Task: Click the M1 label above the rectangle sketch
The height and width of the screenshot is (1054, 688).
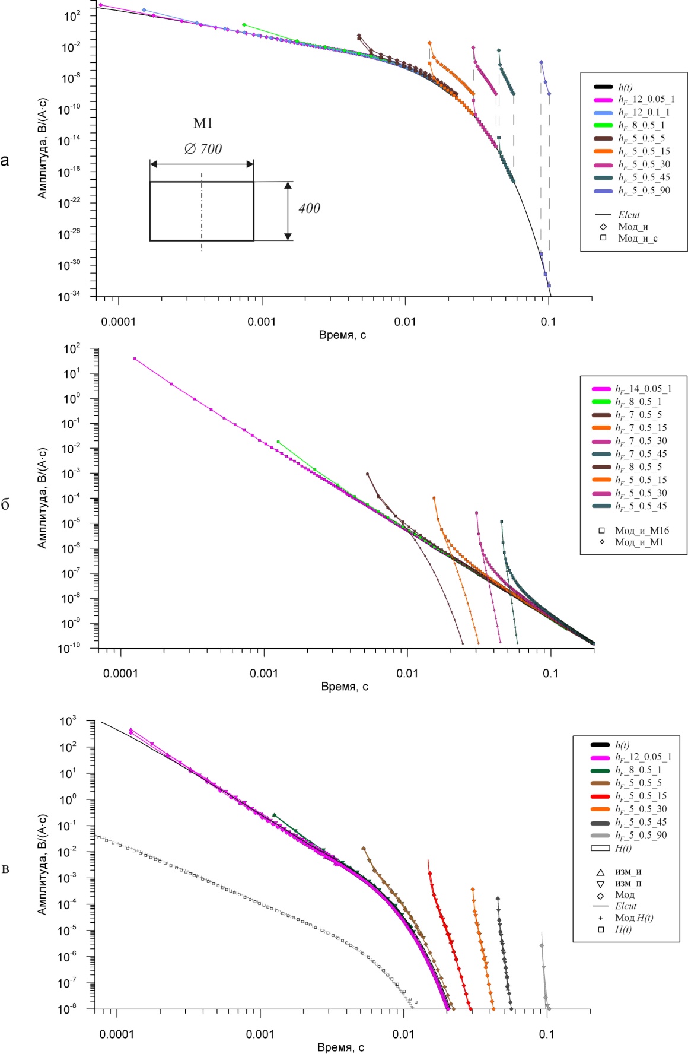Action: [x=203, y=123]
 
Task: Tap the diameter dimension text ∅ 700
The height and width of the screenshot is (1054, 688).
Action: [x=203, y=148]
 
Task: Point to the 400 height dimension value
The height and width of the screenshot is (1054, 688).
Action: [x=309, y=208]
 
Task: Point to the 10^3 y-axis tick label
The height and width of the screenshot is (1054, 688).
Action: [x=69, y=721]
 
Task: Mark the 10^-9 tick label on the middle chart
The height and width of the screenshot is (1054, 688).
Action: [x=71, y=623]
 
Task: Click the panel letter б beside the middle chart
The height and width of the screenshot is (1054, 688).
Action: [x=5, y=504]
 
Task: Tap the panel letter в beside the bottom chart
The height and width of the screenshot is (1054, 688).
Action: [x=5, y=869]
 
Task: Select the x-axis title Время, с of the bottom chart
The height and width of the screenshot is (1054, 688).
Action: [x=340, y=1047]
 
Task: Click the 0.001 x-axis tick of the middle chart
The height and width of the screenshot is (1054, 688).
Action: [x=264, y=673]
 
